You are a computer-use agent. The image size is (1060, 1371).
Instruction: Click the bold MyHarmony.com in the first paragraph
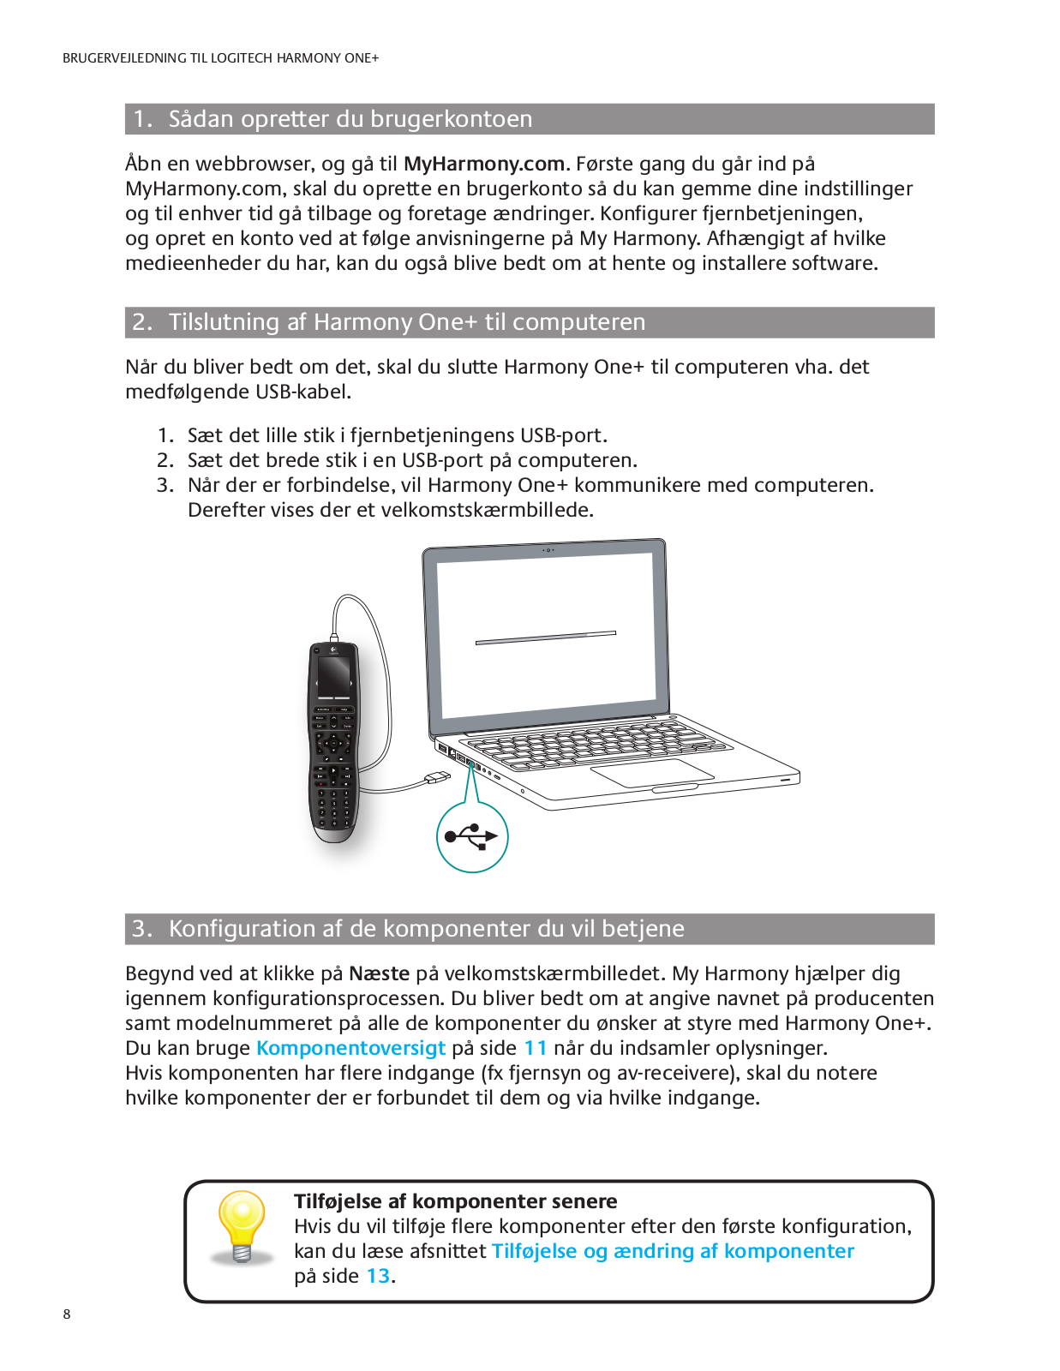click(x=483, y=164)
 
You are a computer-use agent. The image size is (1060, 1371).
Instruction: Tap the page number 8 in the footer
click(x=67, y=1314)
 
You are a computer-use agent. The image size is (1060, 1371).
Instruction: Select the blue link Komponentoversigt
click(x=350, y=1048)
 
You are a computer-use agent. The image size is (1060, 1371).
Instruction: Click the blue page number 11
click(x=535, y=1048)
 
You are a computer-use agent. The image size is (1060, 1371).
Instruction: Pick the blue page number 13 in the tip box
click(x=378, y=1276)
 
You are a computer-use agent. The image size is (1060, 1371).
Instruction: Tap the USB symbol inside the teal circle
click(x=472, y=836)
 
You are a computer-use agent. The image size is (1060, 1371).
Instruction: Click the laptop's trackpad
click(x=652, y=772)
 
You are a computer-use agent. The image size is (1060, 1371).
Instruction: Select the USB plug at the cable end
click(x=438, y=778)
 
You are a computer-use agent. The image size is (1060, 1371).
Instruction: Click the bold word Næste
click(x=379, y=973)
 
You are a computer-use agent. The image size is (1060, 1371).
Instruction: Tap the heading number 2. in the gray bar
click(x=142, y=322)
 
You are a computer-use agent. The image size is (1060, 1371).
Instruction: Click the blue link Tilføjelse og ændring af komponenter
click(x=673, y=1251)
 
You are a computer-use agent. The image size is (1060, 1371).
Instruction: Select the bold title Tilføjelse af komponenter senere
click(x=455, y=1201)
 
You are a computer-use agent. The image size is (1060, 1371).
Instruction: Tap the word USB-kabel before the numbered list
click(x=303, y=392)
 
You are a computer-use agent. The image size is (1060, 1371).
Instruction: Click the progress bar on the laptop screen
click(x=546, y=638)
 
